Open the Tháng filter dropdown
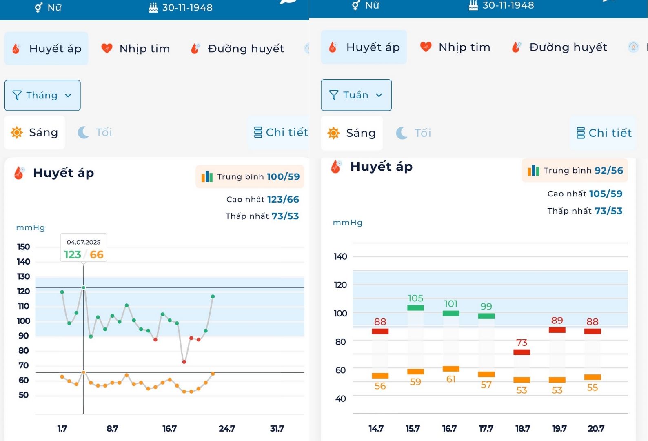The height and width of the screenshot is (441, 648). [x=42, y=96]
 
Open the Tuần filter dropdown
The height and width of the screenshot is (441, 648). [x=356, y=95]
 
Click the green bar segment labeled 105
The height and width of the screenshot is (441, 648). [x=415, y=308]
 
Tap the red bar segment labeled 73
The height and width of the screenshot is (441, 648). [x=522, y=352]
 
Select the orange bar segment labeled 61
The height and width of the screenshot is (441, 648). [x=451, y=369]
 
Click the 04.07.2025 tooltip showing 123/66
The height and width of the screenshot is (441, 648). [x=84, y=248]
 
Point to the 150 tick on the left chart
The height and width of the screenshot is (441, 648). [x=24, y=247]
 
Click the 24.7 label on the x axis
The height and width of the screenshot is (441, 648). [x=227, y=429]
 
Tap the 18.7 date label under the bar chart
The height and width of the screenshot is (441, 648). [x=523, y=429]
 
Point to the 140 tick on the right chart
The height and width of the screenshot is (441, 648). [x=340, y=257]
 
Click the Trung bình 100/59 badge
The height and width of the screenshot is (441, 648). [x=250, y=177]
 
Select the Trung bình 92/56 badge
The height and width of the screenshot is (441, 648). [x=575, y=171]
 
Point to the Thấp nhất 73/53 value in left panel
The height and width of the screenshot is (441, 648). [x=285, y=216]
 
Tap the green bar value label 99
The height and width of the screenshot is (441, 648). [x=486, y=306]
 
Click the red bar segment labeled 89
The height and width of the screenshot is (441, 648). [x=557, y=330]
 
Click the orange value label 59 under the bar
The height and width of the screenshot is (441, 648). [x=415, y=382]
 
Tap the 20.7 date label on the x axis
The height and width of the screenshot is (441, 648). [x=596, y=429]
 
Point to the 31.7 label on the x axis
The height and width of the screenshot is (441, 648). [x=277, y=429]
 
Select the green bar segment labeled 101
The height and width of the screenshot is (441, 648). [x=451, y=313]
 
